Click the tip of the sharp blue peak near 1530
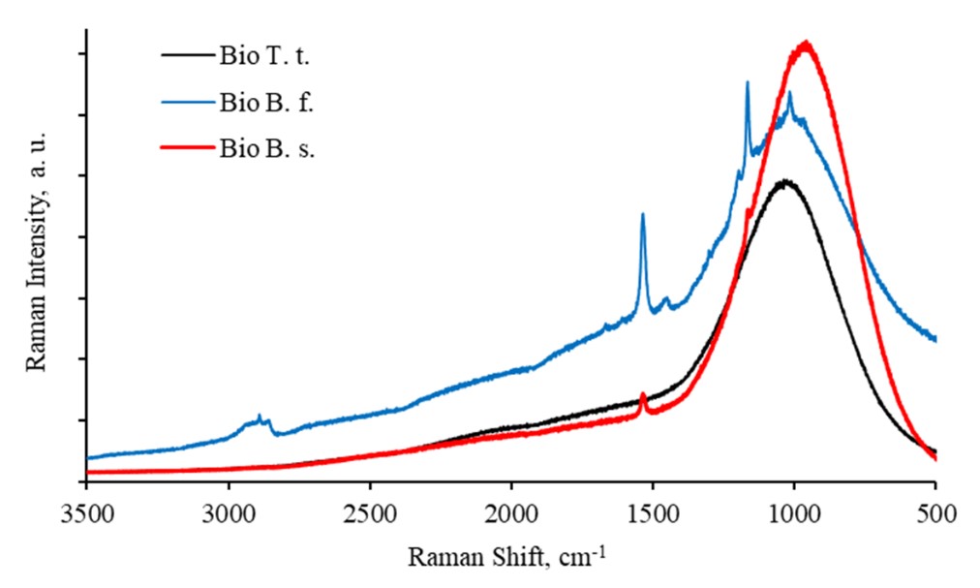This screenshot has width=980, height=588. [x=643, y=214]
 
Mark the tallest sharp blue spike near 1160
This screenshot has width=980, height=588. [x=748, y=82]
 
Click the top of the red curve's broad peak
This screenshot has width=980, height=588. [x=805, y=43]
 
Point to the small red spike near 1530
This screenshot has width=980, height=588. [x=644, y=394]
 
